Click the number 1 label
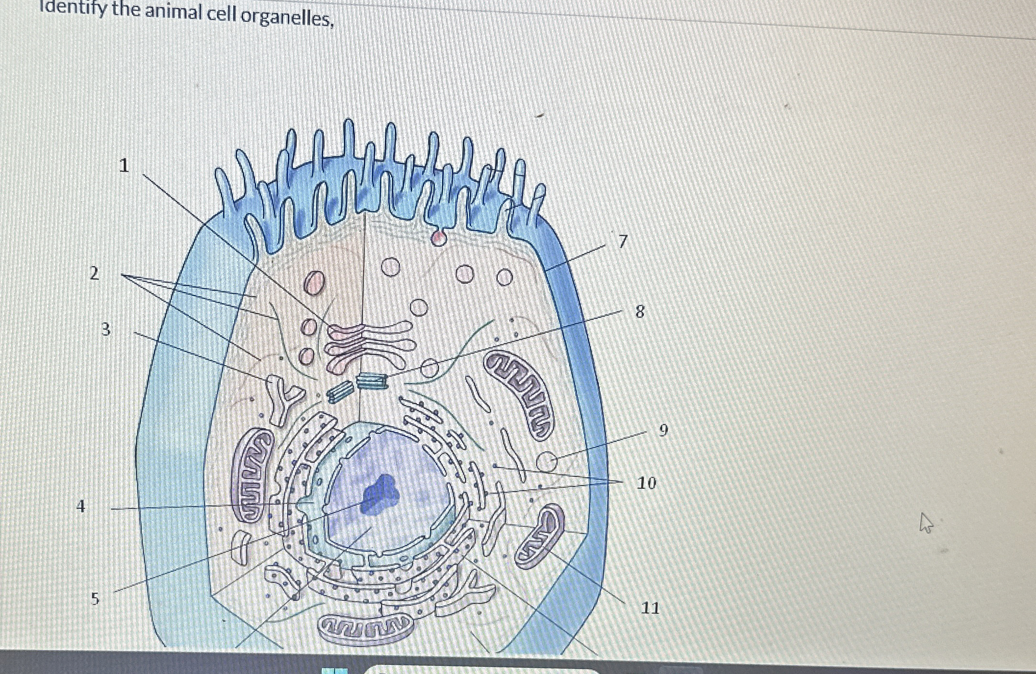pos(124,165)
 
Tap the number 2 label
pos(95,273)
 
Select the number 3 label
pos(106,330)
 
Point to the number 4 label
pos(81,506)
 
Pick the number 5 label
pos(95,598)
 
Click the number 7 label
pos(623,241)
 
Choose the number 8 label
pos(640,312)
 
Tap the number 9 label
pos(663,430)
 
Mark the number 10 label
pos(646,483)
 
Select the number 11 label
pos(650,608)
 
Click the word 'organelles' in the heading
pos(287,18)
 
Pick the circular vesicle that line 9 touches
pos(547,462)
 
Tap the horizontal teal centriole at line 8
pos(372,381)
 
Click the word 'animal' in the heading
pos(174,12)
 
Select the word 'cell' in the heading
pos(222,14)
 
